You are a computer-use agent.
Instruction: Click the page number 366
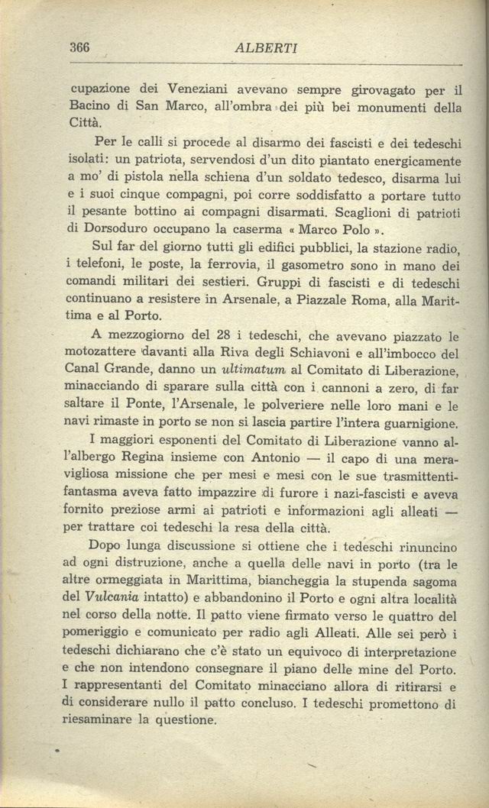[79, 47]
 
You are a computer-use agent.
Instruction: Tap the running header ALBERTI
[267, 48]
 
